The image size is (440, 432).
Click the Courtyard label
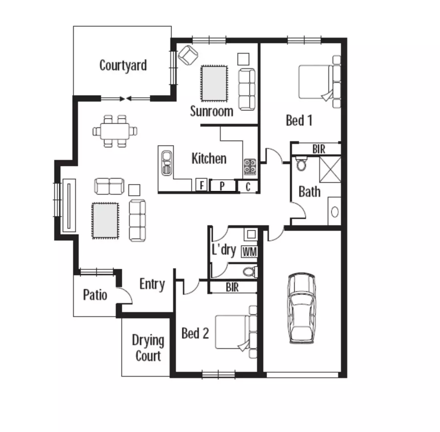pos(123,66)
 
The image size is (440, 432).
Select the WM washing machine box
pos(249,252)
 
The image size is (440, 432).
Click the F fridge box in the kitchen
pos(201,185)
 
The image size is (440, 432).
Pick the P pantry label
pos(222,186)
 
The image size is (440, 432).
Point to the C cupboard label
pos(248,187)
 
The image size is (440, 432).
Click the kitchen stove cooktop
pos(250,167)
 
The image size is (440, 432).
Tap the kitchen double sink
pos(166,163)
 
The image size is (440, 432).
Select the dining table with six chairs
pos(115,131)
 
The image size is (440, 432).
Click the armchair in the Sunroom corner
pos(188,54)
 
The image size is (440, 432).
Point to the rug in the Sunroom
pos(214,83)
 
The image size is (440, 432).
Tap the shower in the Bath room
pos(330,170)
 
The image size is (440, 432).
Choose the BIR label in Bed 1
pos(319,149)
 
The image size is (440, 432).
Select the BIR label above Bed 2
pos(232,287)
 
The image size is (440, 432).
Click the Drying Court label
pos(148,348)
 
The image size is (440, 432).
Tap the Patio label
pos(95,295)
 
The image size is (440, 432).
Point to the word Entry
pos(152,284)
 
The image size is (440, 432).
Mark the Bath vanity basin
pos(335,212)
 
